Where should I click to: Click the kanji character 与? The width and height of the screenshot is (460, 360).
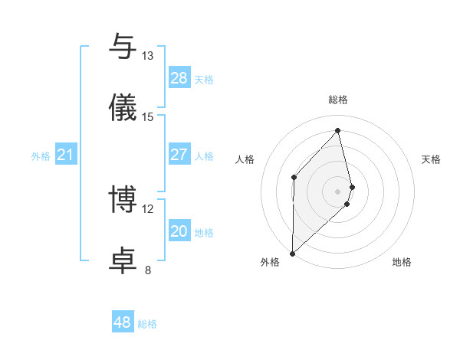123,47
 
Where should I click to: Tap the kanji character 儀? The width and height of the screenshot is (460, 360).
123,106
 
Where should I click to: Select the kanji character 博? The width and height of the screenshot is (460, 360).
123,200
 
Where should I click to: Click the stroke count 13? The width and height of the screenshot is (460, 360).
147,56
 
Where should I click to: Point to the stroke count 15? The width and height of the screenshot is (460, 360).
147,116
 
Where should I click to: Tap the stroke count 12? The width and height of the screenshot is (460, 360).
147,208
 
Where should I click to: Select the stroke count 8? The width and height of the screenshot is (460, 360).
147,269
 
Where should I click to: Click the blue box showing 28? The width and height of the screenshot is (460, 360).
179,78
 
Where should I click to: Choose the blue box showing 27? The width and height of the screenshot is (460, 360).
179,155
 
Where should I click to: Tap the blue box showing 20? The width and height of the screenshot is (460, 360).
179,231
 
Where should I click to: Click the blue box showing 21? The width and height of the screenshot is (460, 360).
66,155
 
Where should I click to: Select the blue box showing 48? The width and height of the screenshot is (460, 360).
123,322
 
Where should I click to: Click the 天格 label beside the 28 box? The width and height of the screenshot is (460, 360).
204,80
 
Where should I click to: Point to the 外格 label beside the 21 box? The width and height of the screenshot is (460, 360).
41,156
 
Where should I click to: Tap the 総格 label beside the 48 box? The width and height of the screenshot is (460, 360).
147,324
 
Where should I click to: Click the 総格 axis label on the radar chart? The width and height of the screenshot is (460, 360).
337,100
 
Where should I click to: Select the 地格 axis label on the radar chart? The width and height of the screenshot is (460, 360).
402,262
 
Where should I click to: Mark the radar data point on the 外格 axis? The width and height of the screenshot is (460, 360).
292,253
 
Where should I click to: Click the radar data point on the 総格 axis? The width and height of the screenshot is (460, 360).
337,131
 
